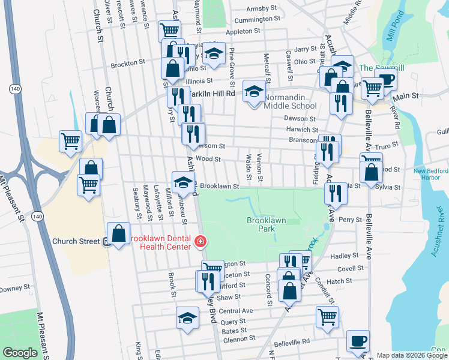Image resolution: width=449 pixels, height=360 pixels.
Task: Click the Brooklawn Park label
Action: tap(266, 225)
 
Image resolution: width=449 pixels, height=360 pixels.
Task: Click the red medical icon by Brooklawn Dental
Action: tap(200, 242)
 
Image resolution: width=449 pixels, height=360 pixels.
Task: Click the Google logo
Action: tap(20, 353)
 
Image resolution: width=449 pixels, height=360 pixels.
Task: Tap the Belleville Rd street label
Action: tap(292, 341)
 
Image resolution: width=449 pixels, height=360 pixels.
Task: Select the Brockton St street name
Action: tap(128, 62)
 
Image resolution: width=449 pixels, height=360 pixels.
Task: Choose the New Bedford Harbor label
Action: tap(430, 175)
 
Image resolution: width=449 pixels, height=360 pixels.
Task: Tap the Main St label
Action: tap(405, 95)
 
